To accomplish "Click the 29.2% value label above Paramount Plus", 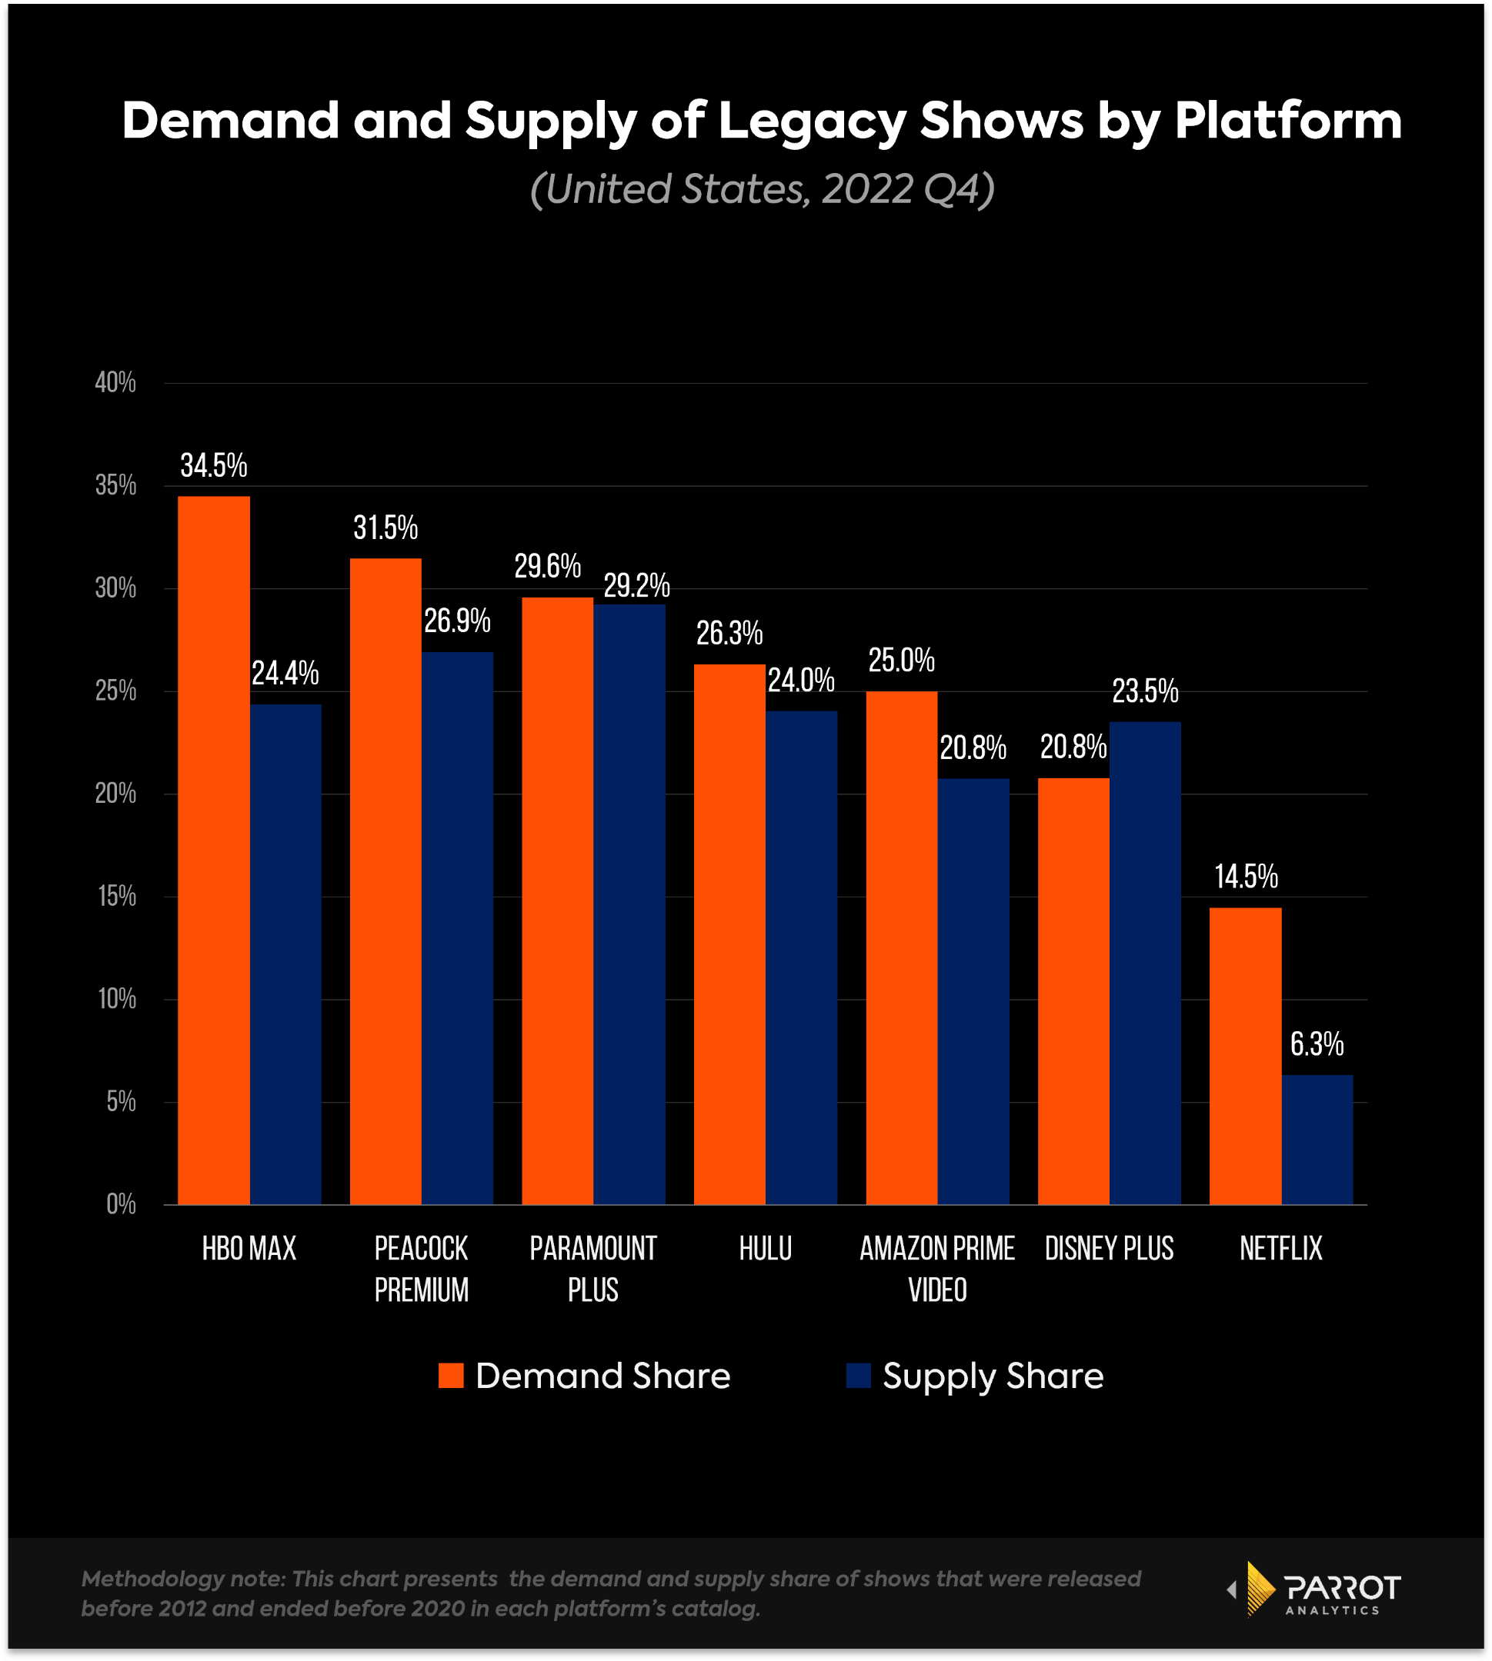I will tap(636, 586).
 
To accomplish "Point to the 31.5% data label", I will tap(386, 528).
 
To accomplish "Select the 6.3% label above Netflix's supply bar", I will tap(1317, 1044).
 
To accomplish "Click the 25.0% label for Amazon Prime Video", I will tap(901, 661).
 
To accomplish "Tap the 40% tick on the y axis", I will tap(115, 383).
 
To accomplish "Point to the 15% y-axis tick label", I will tap(116, 897).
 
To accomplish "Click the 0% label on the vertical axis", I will tap(121, 1204).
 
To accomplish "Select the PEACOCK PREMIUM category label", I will tap(422, 1270).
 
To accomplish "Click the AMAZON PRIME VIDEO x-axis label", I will tap(937, 1270).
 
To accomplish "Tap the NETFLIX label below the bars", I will tap(1280, 1249).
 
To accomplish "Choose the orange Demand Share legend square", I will tap(451, 1376).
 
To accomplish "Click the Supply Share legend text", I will tap(993, 1376).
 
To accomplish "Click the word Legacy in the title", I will tap(812, 121).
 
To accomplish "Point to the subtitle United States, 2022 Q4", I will tap(762, 189).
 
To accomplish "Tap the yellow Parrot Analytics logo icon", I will tap(1258, 1589).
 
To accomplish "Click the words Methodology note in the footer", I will tap(182, 1579).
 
